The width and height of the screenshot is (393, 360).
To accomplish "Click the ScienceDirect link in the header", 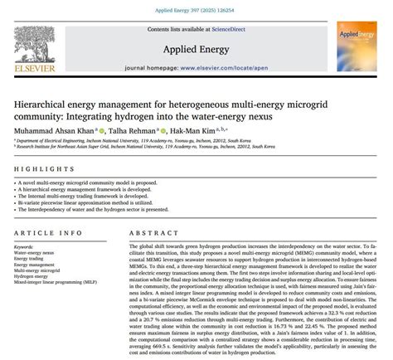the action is point(234,29).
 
